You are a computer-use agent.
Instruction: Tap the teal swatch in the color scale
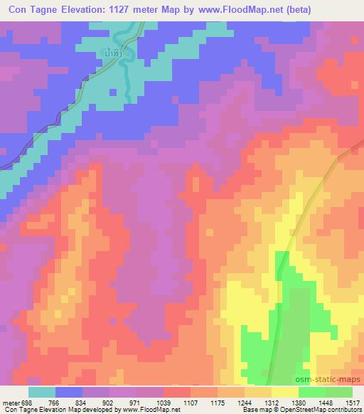(42, 392)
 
